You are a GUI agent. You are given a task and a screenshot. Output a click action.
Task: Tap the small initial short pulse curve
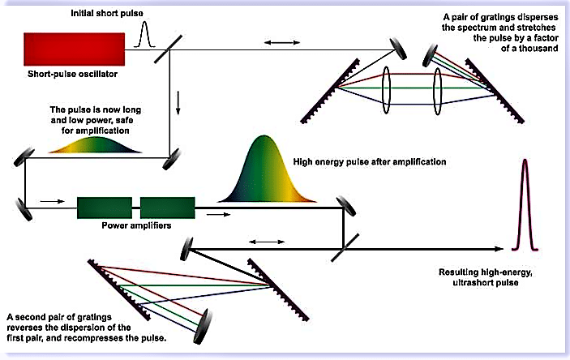pyautogui.click(x=147, y=36)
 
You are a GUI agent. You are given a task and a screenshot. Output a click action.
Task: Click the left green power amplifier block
pyautogui.click(x=105, y=208)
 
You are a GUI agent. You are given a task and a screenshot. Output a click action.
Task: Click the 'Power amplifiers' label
pyautogui.click(x=135, y=226)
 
